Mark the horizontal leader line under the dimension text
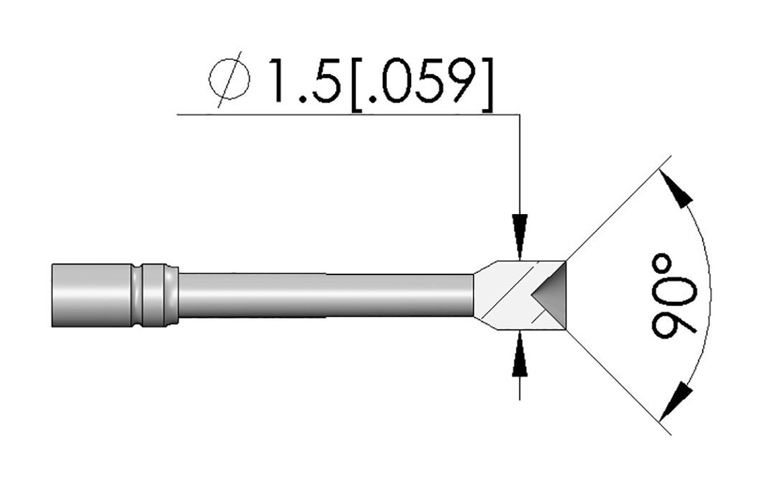335,114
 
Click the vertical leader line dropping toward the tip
519,164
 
